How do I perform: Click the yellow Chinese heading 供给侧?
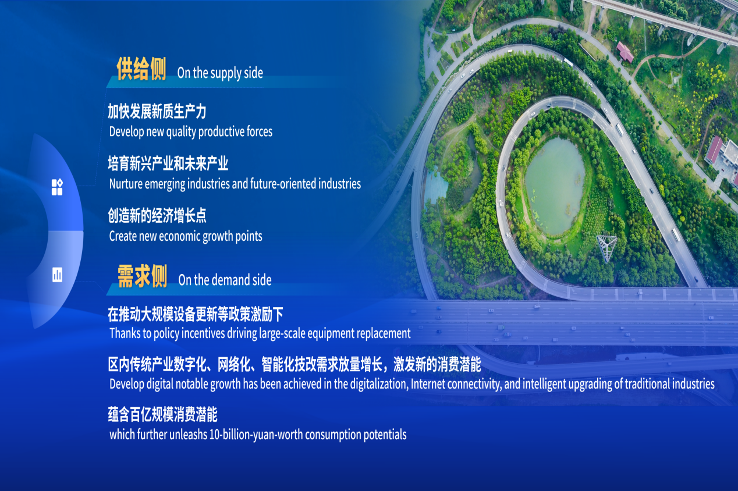coord(141,69)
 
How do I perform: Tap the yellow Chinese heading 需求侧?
coord(143,276)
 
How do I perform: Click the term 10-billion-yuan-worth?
coord(256,435)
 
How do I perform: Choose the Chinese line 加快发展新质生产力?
coord(157,111)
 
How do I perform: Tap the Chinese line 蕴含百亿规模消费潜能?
coord(162,414)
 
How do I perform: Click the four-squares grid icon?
coord(57,187)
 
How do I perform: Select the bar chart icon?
coord(57,275)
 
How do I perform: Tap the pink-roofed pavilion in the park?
coord(625,52)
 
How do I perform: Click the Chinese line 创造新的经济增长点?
coord(157,216)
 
